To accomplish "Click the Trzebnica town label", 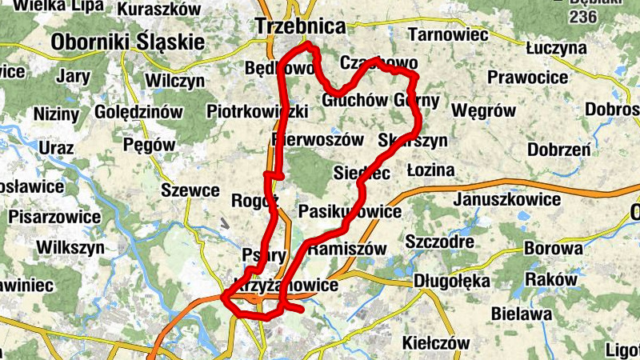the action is point(300,26).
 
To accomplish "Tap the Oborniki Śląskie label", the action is point(127,42).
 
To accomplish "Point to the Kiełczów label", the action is point(436,342).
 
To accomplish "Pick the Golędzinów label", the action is point(138,113).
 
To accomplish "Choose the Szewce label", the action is point(190,190).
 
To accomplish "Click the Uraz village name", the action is point(55,148).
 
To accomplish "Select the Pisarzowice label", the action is point(55,217).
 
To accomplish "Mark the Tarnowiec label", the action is point(448,34).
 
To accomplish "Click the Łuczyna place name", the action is point(557,48).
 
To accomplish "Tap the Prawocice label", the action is point(527,78).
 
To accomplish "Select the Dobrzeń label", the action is point(559,150).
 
